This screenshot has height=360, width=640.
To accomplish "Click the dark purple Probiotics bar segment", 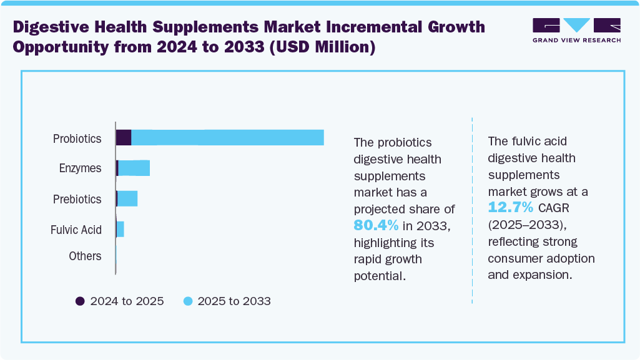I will [124, 137].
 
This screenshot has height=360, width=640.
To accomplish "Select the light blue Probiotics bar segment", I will [227, 137].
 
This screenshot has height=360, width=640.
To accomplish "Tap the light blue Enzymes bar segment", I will [134, 168].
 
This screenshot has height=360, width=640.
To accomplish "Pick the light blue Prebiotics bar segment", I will [127, 198].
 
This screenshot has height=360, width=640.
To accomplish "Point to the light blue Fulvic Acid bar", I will [120, 229].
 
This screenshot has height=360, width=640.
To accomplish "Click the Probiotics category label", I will [77, 139].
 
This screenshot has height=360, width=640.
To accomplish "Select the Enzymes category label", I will [80, 168].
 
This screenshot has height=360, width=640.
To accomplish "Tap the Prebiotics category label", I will [77, 199].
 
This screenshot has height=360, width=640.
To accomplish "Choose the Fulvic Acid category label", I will [76, 230].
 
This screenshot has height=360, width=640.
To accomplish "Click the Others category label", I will [85, 256].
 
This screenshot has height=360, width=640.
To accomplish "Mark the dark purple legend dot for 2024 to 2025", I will [80, 301].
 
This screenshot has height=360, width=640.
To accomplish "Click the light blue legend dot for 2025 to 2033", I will [187, 301].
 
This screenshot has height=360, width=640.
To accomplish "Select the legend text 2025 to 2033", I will [234, 301].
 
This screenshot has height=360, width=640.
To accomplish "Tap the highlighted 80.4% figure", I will [377, 225].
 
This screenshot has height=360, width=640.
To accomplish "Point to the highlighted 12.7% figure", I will [510, 207].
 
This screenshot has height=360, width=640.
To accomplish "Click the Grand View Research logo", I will [576, 30].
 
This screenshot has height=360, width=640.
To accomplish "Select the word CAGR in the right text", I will [553, 208].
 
